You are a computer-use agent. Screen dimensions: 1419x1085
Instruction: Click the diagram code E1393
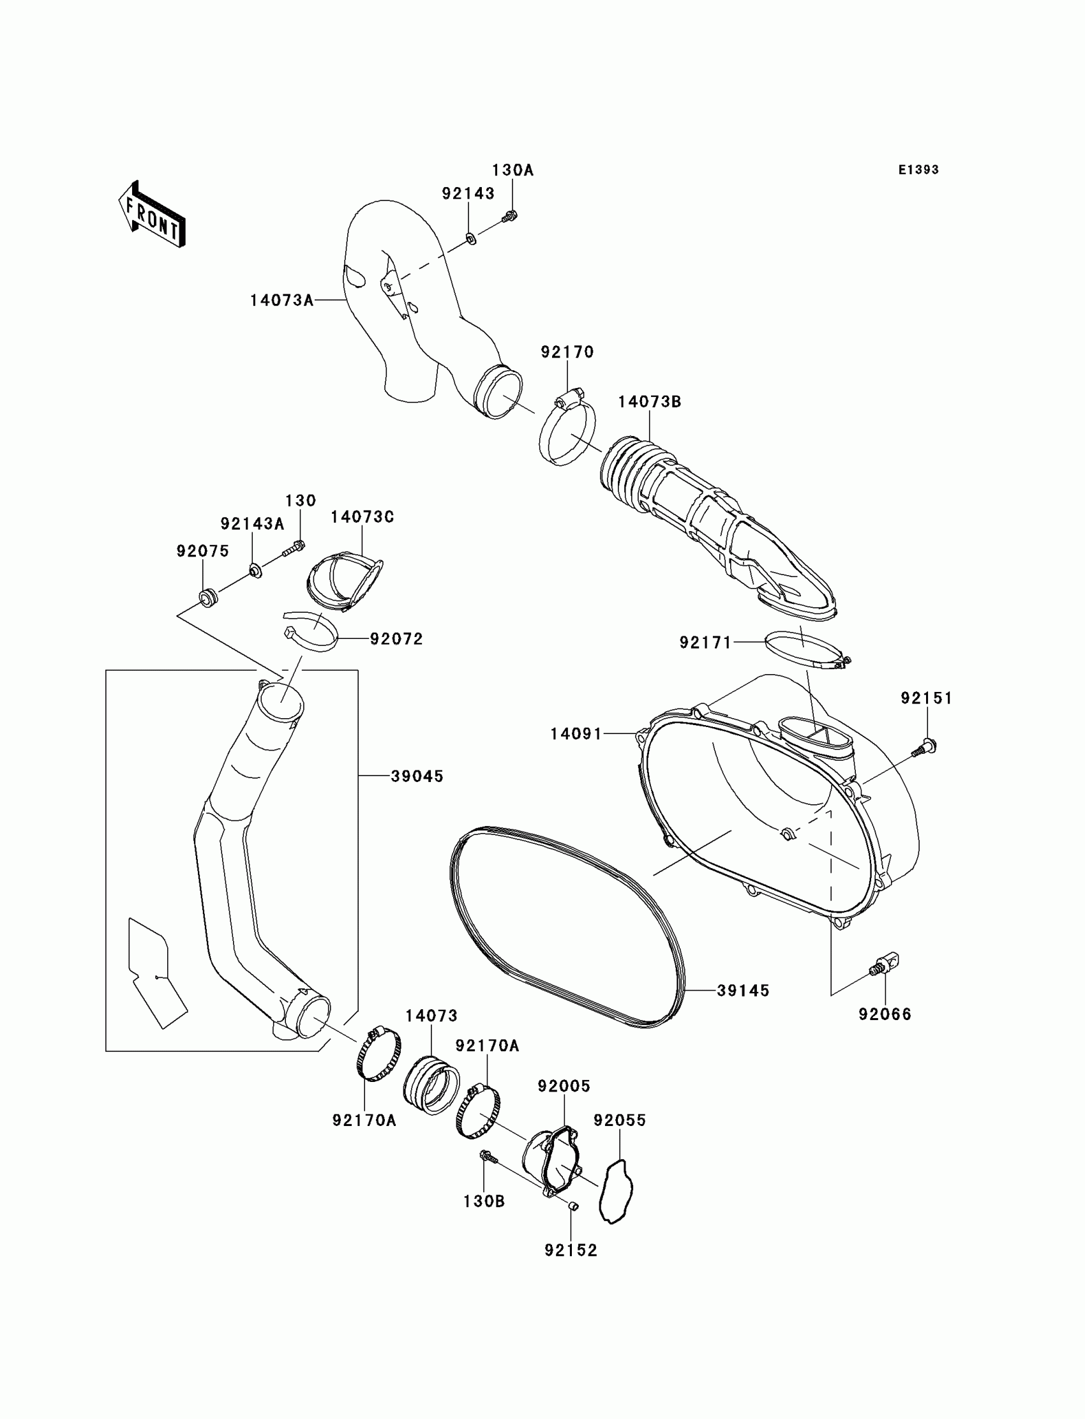click(918, 170)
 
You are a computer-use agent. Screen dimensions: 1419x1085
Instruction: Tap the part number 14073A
click(281, 301)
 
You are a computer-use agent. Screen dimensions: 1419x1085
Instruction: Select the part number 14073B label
click(650, 402)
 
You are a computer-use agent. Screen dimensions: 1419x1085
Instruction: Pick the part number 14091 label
click(576, 733)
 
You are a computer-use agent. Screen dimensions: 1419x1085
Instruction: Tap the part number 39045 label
click(417, 776)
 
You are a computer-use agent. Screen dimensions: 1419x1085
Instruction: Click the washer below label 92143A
click(256, 571)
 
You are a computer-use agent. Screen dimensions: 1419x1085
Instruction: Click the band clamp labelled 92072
click(311, 633)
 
